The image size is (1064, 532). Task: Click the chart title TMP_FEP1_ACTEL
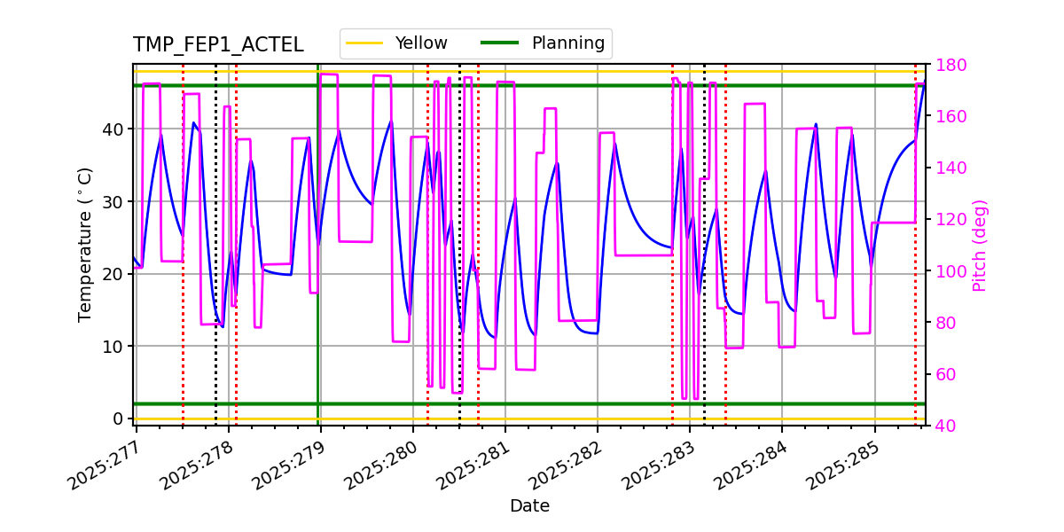218,45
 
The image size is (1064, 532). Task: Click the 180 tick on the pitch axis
947,65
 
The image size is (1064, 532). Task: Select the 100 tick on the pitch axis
947,271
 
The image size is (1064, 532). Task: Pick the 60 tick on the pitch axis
943,374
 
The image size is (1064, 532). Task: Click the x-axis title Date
529,506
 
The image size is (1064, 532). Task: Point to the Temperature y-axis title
85,245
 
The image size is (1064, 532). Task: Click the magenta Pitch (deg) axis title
980,245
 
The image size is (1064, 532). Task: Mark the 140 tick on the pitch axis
947,168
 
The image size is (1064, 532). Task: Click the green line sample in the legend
501,43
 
